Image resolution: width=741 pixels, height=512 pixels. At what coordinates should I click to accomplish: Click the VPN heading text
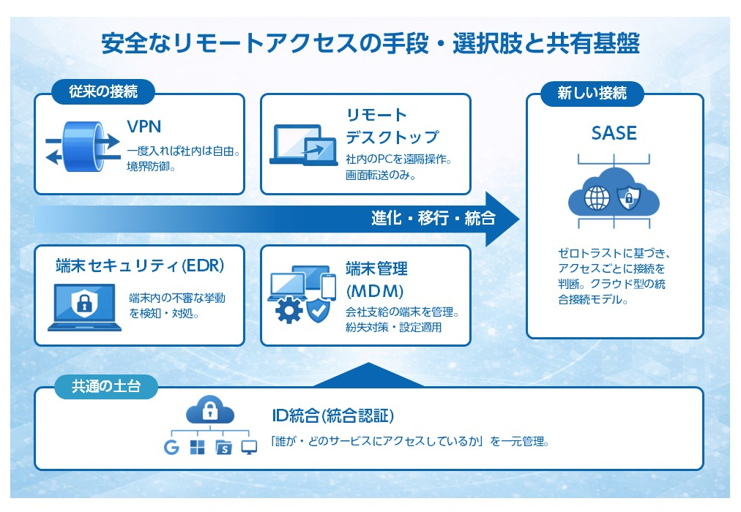coord(144,127)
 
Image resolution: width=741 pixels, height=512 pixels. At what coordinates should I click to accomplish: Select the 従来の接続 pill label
coord(103,92)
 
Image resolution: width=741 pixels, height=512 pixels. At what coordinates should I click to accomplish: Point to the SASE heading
coord(614,134)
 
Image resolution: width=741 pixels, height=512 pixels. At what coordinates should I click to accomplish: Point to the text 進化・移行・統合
coord(433,218)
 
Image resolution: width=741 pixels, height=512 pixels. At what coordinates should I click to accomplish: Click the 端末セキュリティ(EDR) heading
coord(139,266)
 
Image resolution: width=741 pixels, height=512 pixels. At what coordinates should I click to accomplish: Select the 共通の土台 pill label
coord(105,385)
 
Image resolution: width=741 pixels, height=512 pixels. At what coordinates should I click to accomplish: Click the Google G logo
coord(171,448)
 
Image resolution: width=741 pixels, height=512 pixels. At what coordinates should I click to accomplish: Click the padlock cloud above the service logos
coord(210,411)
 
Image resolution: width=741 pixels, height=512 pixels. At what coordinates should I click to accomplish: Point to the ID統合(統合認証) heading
coord(332,416)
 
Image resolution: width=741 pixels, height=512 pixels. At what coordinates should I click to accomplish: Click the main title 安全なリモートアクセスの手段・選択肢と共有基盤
coord(370,43)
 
